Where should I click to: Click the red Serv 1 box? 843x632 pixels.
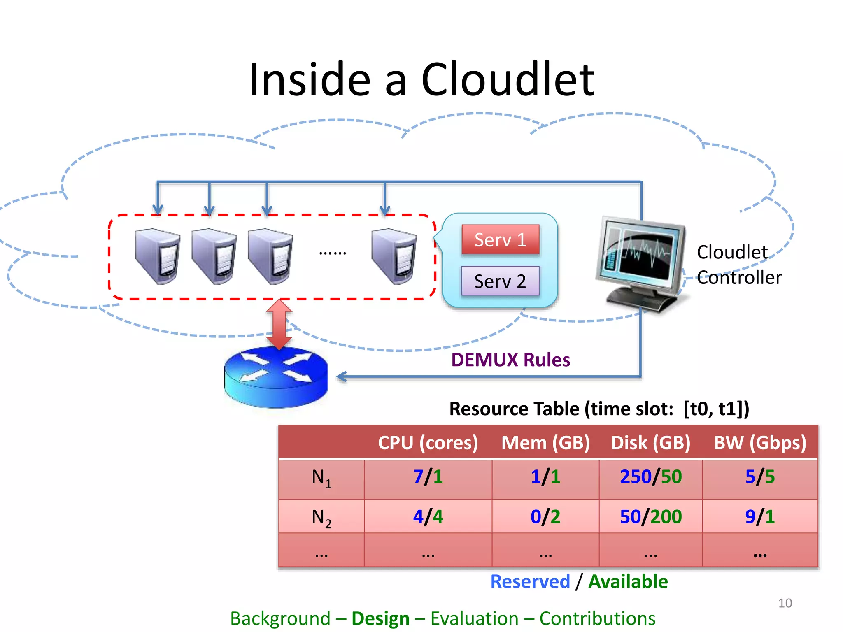(500, 239)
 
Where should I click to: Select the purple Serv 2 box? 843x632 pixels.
(500, 281)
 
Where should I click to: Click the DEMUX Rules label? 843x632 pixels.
(510, 360)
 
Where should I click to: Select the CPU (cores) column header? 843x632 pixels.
(428, 443)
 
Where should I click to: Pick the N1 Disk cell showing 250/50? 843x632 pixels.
(651, 477)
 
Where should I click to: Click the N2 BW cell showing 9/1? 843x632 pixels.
(760, 516)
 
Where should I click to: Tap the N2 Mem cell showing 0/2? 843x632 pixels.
(545, 516)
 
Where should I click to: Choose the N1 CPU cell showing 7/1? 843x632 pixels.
(428, 477)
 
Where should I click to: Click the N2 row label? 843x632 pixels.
(321, 517)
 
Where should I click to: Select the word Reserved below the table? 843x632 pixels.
(530, 581)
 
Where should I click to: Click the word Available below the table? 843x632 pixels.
(628, 581)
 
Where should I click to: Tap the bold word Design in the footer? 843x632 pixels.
(380, 618)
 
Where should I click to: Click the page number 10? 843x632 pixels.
(785, 603)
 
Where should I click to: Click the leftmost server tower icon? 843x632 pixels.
(158, 256)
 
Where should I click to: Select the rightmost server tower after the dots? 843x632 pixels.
(394, 256)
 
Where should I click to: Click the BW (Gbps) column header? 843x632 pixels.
(760, 443)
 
